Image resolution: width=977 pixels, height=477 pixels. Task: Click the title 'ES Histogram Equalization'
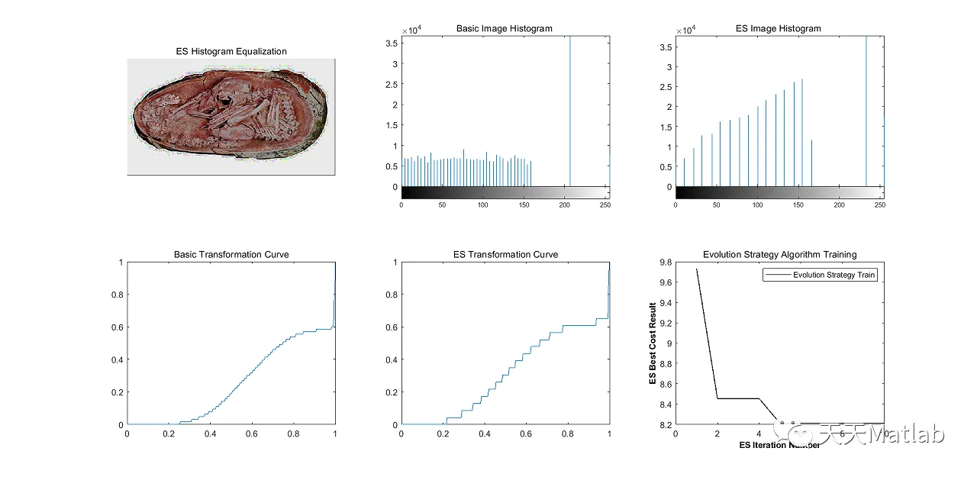[x=231, y=51]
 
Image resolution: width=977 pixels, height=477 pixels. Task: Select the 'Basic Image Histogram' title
[x=504, y=28]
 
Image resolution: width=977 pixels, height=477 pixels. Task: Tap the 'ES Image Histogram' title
[x=778, y=28]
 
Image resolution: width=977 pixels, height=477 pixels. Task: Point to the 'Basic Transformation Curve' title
[x=231, y=254]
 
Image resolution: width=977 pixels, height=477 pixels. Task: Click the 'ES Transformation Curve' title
[x=504, y=254]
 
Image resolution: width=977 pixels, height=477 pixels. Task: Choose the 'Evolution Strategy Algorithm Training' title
[x=779, y=254]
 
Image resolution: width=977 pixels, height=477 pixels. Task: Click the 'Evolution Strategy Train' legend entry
[x=834, y=275]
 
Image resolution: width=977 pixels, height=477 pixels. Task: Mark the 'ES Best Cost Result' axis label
[x=653, y=343]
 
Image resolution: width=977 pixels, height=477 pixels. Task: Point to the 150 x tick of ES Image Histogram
[x=798, y=205]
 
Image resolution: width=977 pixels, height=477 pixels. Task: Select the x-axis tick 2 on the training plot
[x=717, y=433]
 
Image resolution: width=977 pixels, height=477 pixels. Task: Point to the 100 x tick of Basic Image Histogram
[x=483, y=205]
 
